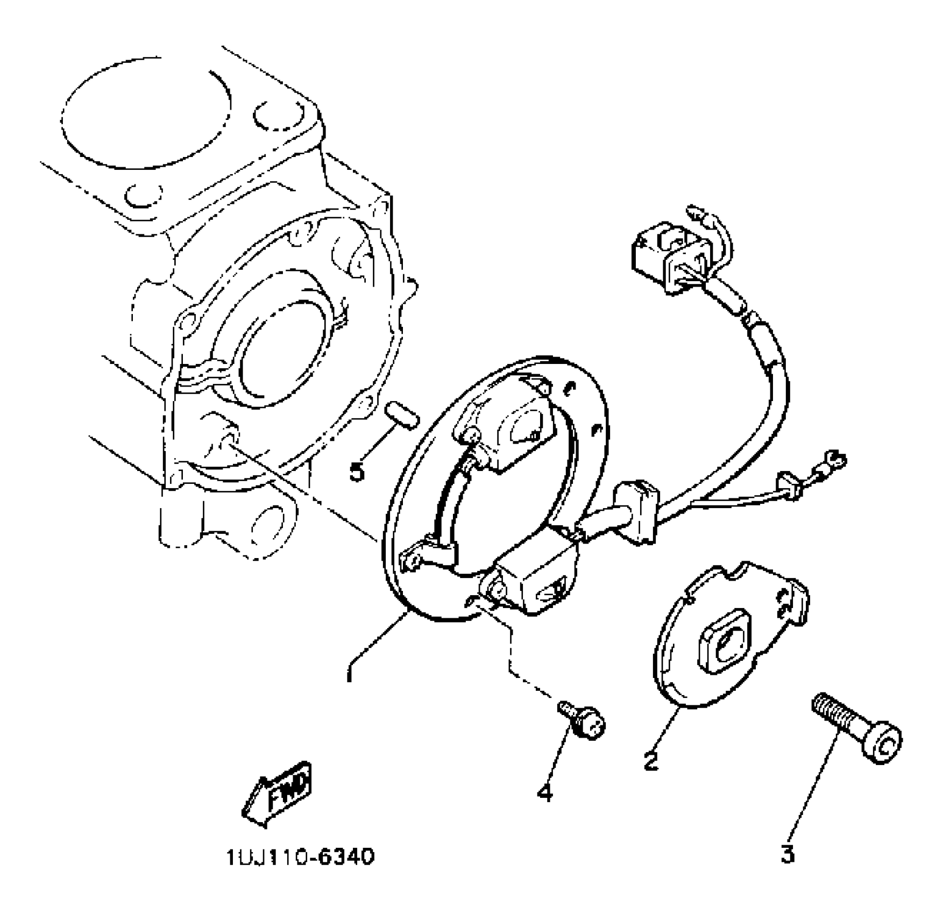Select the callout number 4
click(545, 792)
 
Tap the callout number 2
click(651, 761)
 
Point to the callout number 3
click(788, 853)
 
